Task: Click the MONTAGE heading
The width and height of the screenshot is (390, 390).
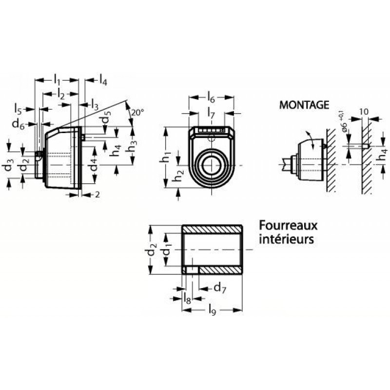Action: (304, 105)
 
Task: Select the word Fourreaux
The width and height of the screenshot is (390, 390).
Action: (288, 226)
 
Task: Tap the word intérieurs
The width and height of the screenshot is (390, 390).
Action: (286, 239)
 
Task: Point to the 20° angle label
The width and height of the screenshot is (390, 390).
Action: (138, 113)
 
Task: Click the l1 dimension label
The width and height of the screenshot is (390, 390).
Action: (57, 79)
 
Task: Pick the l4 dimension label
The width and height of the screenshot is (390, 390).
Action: (103, 80)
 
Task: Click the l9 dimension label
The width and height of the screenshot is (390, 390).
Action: (212, 310)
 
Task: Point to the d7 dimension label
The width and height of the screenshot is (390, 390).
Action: (220, 288)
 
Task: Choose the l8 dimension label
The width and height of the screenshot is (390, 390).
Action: (187, 298)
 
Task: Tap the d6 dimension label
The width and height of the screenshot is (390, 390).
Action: (19, 124)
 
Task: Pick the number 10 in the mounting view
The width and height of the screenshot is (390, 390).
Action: (364, 112)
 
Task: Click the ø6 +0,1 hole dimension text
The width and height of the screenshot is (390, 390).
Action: (344, 123)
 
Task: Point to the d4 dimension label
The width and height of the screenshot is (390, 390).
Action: (93, 165)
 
